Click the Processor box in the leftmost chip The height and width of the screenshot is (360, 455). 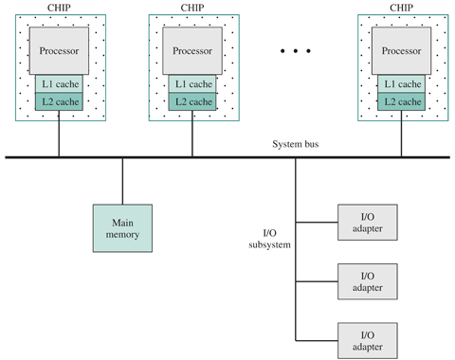tap(59, 51)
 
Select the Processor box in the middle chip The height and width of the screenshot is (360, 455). tap(192, 51)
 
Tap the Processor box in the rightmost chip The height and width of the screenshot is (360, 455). tap(401, 51)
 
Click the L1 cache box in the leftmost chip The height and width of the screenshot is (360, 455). tap(59, 84)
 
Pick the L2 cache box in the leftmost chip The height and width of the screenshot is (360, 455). tap(59, 101)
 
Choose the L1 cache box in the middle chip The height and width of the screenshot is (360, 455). tap(192, 84)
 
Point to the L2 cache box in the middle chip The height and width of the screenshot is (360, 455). tap(192, 101)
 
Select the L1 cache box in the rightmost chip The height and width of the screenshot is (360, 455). tap(401, 84)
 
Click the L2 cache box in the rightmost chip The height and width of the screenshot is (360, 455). tap(401, 101)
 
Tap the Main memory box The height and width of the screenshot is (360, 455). tap(122, 228)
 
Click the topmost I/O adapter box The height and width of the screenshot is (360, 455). tap(368, 223)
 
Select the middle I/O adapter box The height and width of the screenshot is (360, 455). tap(368, 281)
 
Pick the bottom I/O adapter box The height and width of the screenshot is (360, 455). tap(368, 340)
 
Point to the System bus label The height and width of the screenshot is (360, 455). tap(296, 144)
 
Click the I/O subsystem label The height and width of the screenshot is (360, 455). tap(269, 239)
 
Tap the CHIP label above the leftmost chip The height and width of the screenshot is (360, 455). tap(59, 8)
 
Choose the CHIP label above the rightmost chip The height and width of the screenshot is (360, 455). tap(401, 8)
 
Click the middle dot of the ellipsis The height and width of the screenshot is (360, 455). tap(296, 51)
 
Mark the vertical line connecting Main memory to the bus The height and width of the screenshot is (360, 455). tap(122, 182)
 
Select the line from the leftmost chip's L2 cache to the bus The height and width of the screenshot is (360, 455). tap(59, 134)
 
